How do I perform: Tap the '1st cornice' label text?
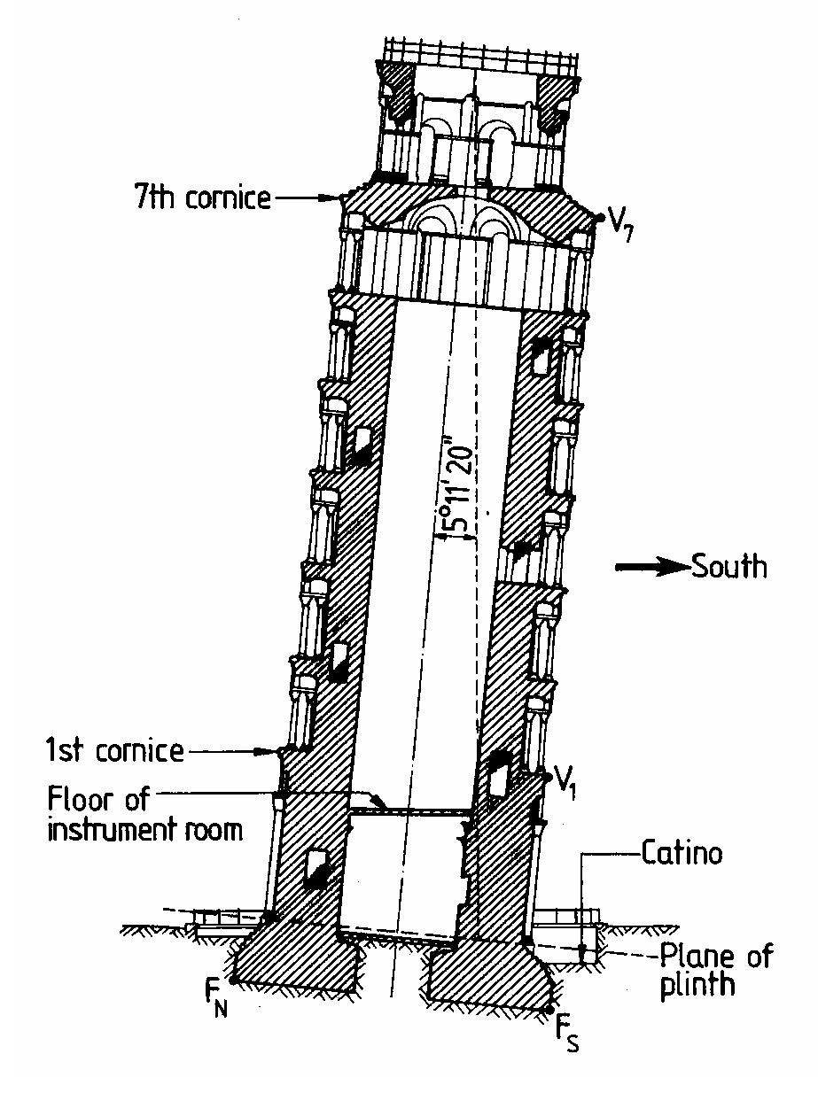coord(114,751)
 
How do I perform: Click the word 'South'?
coord(729,566)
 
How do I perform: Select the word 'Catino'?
coord(681,855)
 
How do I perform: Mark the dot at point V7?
coord(600,216)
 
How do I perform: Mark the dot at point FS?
coord(550,1010)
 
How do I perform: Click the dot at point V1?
coord(548,776)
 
